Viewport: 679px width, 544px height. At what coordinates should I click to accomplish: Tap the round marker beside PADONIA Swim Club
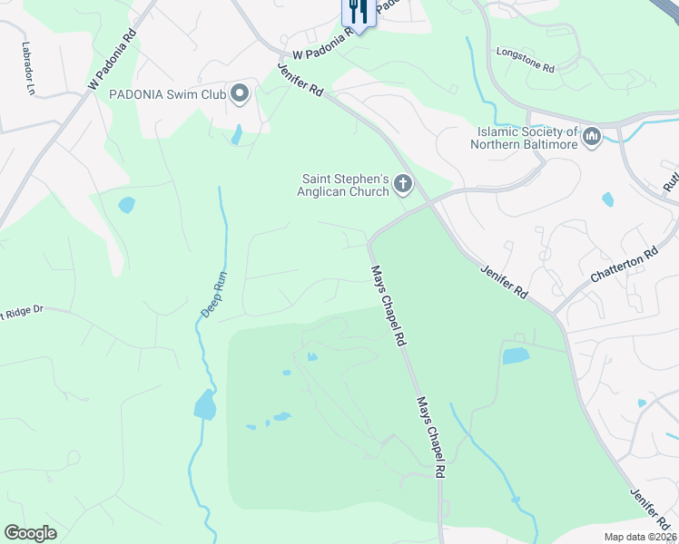coord(240,93)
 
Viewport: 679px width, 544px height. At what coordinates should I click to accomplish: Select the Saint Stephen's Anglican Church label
coord(344,185)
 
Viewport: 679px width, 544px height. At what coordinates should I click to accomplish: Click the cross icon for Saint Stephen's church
coord(403,186)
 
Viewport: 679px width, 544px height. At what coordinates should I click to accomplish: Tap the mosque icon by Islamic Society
coord(592,137)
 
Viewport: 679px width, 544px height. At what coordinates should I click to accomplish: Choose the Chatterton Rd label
coord(624,266)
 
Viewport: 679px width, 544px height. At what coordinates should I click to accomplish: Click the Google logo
coord(31,533)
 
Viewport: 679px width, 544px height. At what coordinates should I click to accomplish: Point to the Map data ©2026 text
coord(640,537)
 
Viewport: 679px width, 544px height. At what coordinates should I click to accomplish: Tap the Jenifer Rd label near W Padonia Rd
coord(300,78)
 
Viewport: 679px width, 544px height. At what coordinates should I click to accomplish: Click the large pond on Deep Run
coord(205,404)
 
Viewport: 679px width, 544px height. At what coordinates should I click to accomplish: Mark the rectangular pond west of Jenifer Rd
coord(516,355)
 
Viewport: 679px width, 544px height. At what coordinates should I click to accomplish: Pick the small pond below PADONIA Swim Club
coord(237,135)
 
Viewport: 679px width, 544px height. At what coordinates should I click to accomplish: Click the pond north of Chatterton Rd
coord(607,199)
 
